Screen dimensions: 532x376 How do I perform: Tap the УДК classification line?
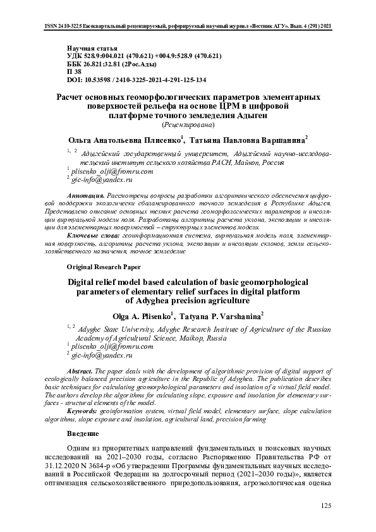(143, 56)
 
